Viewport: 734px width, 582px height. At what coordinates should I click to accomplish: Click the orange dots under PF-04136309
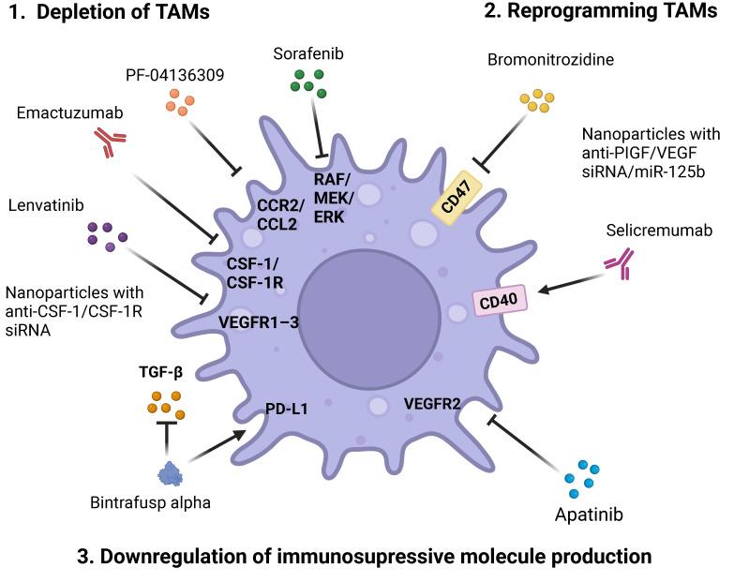(x=177, y=102)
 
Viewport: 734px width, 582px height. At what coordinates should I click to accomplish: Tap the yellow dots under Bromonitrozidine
(x=537, y=101)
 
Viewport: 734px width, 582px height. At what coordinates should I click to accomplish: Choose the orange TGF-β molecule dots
(x=166, y=402)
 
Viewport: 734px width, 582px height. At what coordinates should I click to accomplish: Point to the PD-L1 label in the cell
(x=286, y=409)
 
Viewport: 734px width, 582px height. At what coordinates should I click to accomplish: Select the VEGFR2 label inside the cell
(x=432, y=404)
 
